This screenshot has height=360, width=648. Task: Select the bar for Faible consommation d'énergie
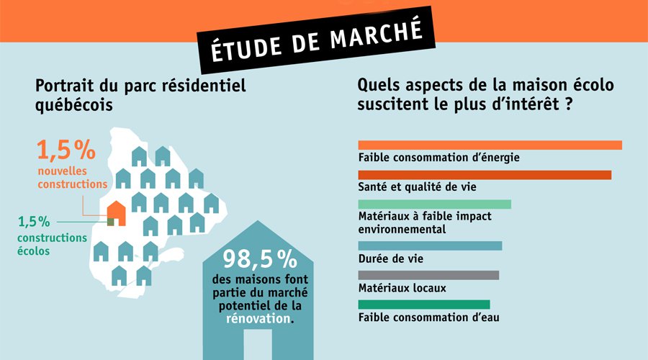490,145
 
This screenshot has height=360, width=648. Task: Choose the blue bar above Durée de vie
429,246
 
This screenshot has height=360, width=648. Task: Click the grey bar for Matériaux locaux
428,275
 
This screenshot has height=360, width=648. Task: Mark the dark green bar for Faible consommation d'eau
423,305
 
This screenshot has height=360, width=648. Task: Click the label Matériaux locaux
402,288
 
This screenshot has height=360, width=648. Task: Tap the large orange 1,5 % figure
66,150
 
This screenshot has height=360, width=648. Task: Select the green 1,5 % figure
34,221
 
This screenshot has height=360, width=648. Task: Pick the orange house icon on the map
116,213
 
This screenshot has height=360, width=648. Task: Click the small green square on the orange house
110,222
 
